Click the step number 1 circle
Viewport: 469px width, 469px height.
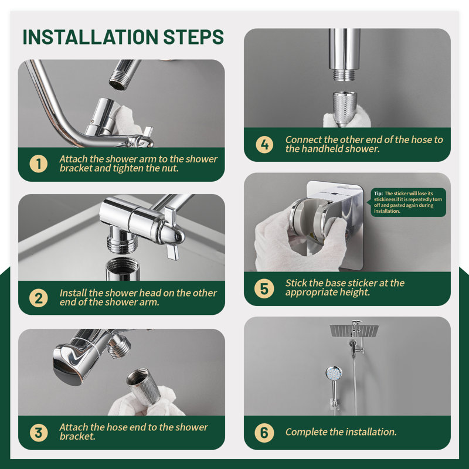[x=39, y=164]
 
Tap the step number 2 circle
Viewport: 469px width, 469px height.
[x=39, y=298]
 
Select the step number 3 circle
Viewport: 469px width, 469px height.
[x=39, y=433]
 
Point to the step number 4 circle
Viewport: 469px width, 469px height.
[x=264, y=144]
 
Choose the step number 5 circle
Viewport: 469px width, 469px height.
[x=264, y=288]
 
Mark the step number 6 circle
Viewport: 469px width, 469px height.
[x=264, y=433]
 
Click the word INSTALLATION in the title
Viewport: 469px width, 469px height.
[x=90, y=37]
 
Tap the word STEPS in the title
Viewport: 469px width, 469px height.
[x=193, y=37]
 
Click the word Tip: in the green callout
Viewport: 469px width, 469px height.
[x=378, y=193]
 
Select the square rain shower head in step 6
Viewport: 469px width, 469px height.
[x=354, y=330]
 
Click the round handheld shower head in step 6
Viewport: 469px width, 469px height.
[x=334, y=373]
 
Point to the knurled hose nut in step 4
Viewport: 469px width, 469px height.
[x=345, y=108]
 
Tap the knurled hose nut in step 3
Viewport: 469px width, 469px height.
[x=143, y=386]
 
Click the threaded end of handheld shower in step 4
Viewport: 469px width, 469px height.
[x=345, y=75]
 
